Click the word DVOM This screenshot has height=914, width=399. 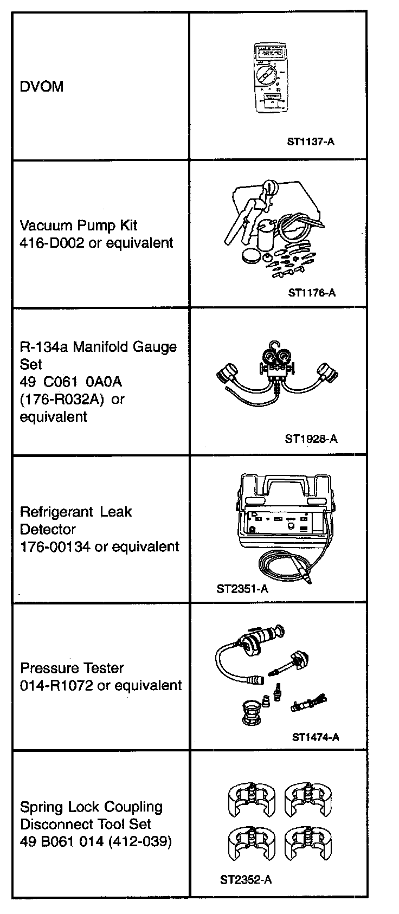42,87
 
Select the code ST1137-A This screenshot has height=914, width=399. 311,142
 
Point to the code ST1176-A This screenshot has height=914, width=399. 312,293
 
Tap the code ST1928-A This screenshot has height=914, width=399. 311,439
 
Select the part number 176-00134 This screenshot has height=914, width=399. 55,546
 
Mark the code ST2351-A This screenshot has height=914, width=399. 242,589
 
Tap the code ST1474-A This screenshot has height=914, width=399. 316,737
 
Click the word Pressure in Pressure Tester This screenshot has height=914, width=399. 45,668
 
